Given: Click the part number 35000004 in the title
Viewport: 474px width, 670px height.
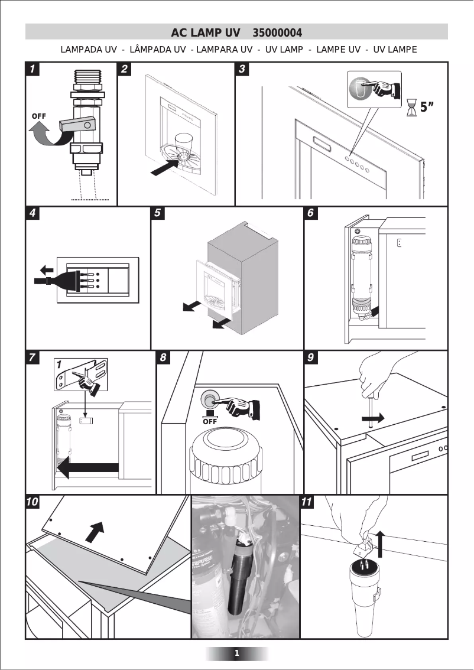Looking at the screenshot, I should coord(277,32).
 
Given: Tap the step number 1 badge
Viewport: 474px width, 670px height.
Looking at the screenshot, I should coord(33,69).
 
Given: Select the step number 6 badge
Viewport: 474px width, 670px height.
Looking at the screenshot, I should coord(311,213).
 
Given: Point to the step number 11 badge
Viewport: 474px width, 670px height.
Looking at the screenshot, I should coord(308,502).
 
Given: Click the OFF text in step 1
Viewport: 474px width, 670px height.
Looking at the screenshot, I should coord(38,116).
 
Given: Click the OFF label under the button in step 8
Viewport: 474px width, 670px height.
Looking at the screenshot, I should coord(210,421).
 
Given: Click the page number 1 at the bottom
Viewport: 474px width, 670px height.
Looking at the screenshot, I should coord(237,653).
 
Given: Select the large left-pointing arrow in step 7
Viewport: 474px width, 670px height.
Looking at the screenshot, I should coord(89,469).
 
